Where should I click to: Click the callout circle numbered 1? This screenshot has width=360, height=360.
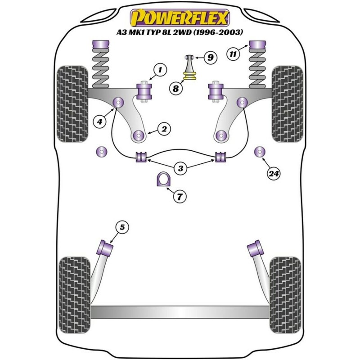159,70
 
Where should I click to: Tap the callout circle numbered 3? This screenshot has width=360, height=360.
180,169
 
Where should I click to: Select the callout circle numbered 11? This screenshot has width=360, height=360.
233,55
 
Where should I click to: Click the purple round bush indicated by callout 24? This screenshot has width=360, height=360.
260,152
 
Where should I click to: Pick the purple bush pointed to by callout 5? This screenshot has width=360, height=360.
106,247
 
